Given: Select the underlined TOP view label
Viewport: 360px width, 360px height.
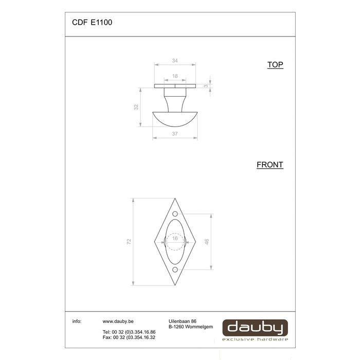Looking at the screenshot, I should (275, 65).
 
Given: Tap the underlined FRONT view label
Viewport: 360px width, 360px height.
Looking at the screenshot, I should (270, 165).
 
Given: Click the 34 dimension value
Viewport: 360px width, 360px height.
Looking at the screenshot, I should (174, 61).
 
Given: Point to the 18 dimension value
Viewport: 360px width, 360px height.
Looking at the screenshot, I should (175, 76).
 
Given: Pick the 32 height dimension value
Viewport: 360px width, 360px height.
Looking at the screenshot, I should (136, 107).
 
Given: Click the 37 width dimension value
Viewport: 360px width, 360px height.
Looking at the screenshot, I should (175, 134).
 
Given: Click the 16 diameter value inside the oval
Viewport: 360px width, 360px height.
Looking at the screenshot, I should (175, 238).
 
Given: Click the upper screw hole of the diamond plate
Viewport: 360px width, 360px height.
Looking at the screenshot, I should (175, 214).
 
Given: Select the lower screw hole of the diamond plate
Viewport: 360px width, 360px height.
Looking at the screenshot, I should (175, 269).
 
